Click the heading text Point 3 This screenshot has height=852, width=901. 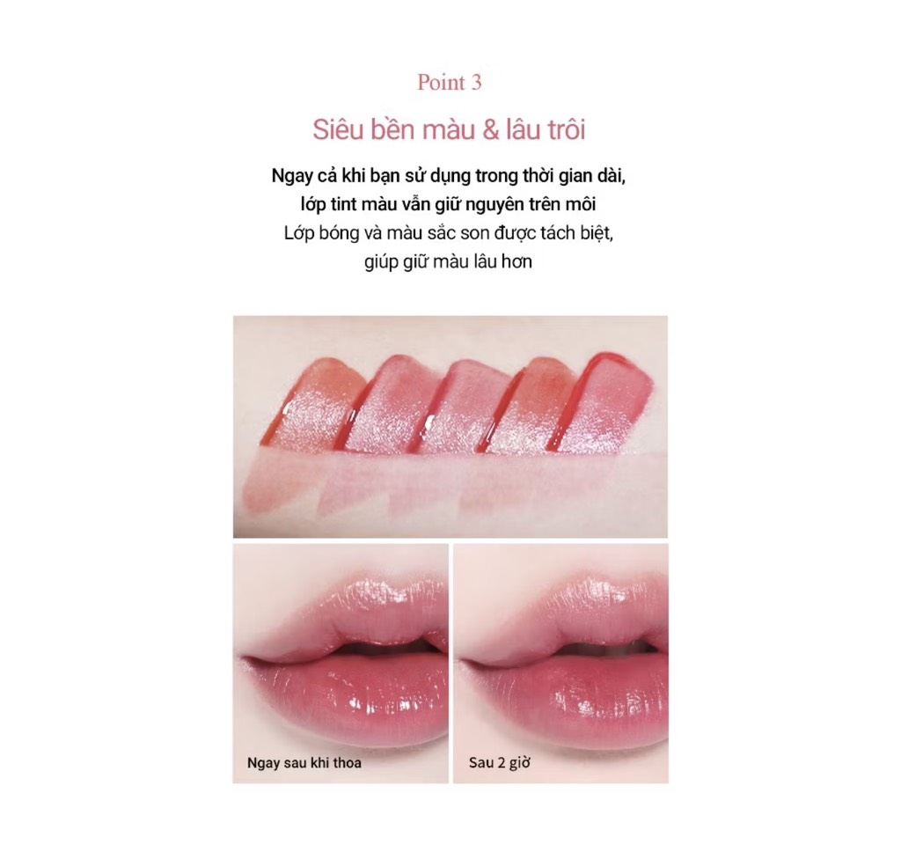[x=450, y=82]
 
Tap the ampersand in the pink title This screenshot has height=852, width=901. [x=491, y=130]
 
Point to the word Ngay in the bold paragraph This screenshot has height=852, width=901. [x=291, y=176]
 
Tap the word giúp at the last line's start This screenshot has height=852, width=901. [x=380, y=262]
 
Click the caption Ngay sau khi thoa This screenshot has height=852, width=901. [x=304, y=763]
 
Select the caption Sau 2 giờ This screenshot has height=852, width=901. [x=500, y=763]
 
